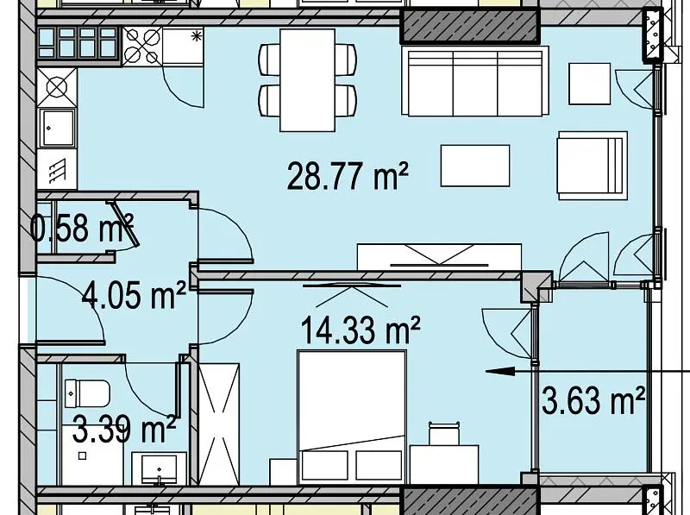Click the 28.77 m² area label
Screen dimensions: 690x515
coord(348,176)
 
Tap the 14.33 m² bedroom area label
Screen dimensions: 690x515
coord(361,330)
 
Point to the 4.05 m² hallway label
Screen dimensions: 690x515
coord(134,295)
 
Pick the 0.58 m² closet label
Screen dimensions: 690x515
coord(82,228)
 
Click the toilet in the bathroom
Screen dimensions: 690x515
coord(87,393)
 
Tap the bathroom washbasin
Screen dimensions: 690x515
coord(159,468)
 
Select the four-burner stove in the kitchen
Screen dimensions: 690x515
coord(141,46)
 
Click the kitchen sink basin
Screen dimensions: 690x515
coord(57,128)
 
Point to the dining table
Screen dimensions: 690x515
coord(308,80)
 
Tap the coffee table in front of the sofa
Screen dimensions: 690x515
coord(475,166)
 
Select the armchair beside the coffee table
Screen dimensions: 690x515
coord(592,166)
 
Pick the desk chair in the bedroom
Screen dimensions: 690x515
coord(444,433)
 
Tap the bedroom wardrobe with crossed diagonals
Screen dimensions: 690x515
coord(219,424)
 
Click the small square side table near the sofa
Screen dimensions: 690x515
coord(590,84)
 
